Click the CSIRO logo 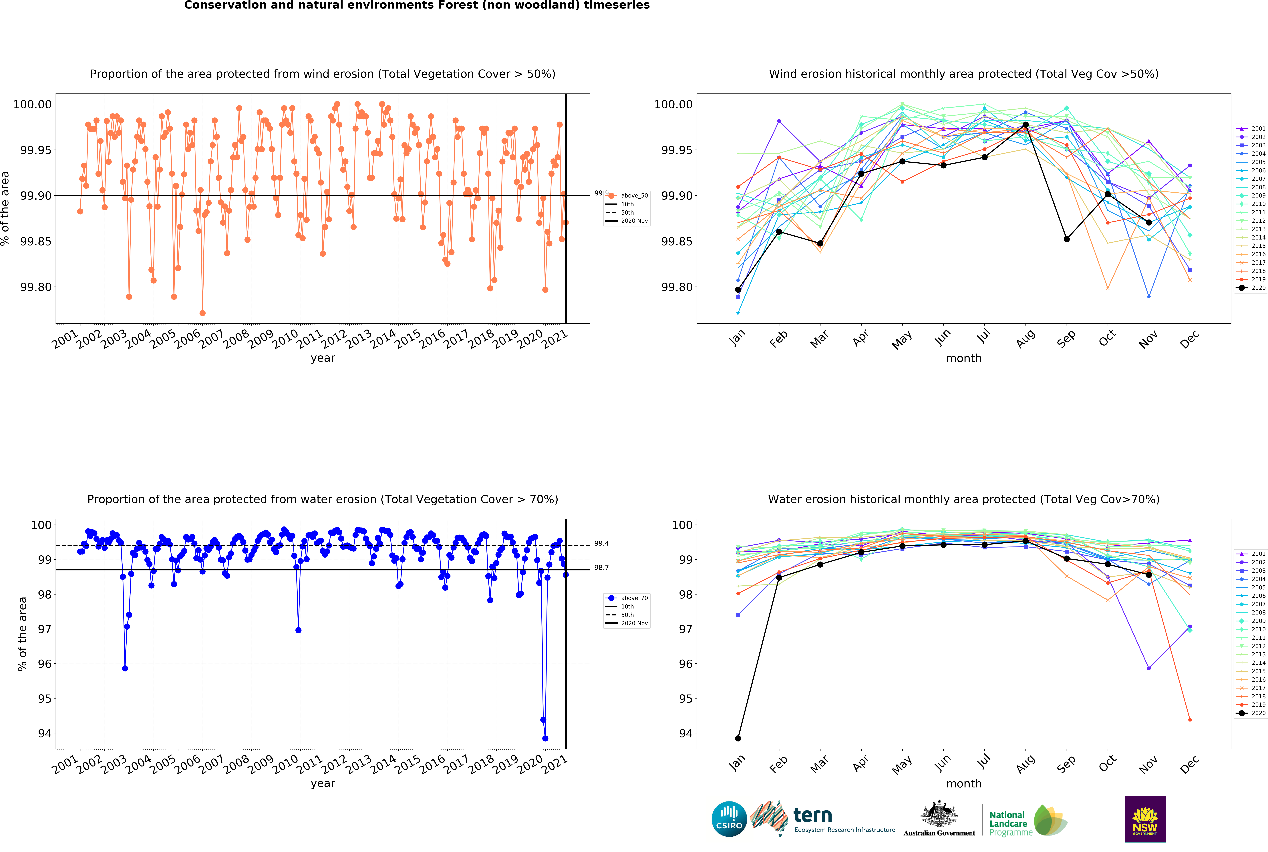pos(729,819)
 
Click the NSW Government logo pos(1145,819)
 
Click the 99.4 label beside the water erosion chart pos(601,543)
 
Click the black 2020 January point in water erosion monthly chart pos(738,738)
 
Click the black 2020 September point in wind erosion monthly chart pos(1066,239)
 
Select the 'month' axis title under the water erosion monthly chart pos(964,784)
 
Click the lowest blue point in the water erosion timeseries pos(545,738)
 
